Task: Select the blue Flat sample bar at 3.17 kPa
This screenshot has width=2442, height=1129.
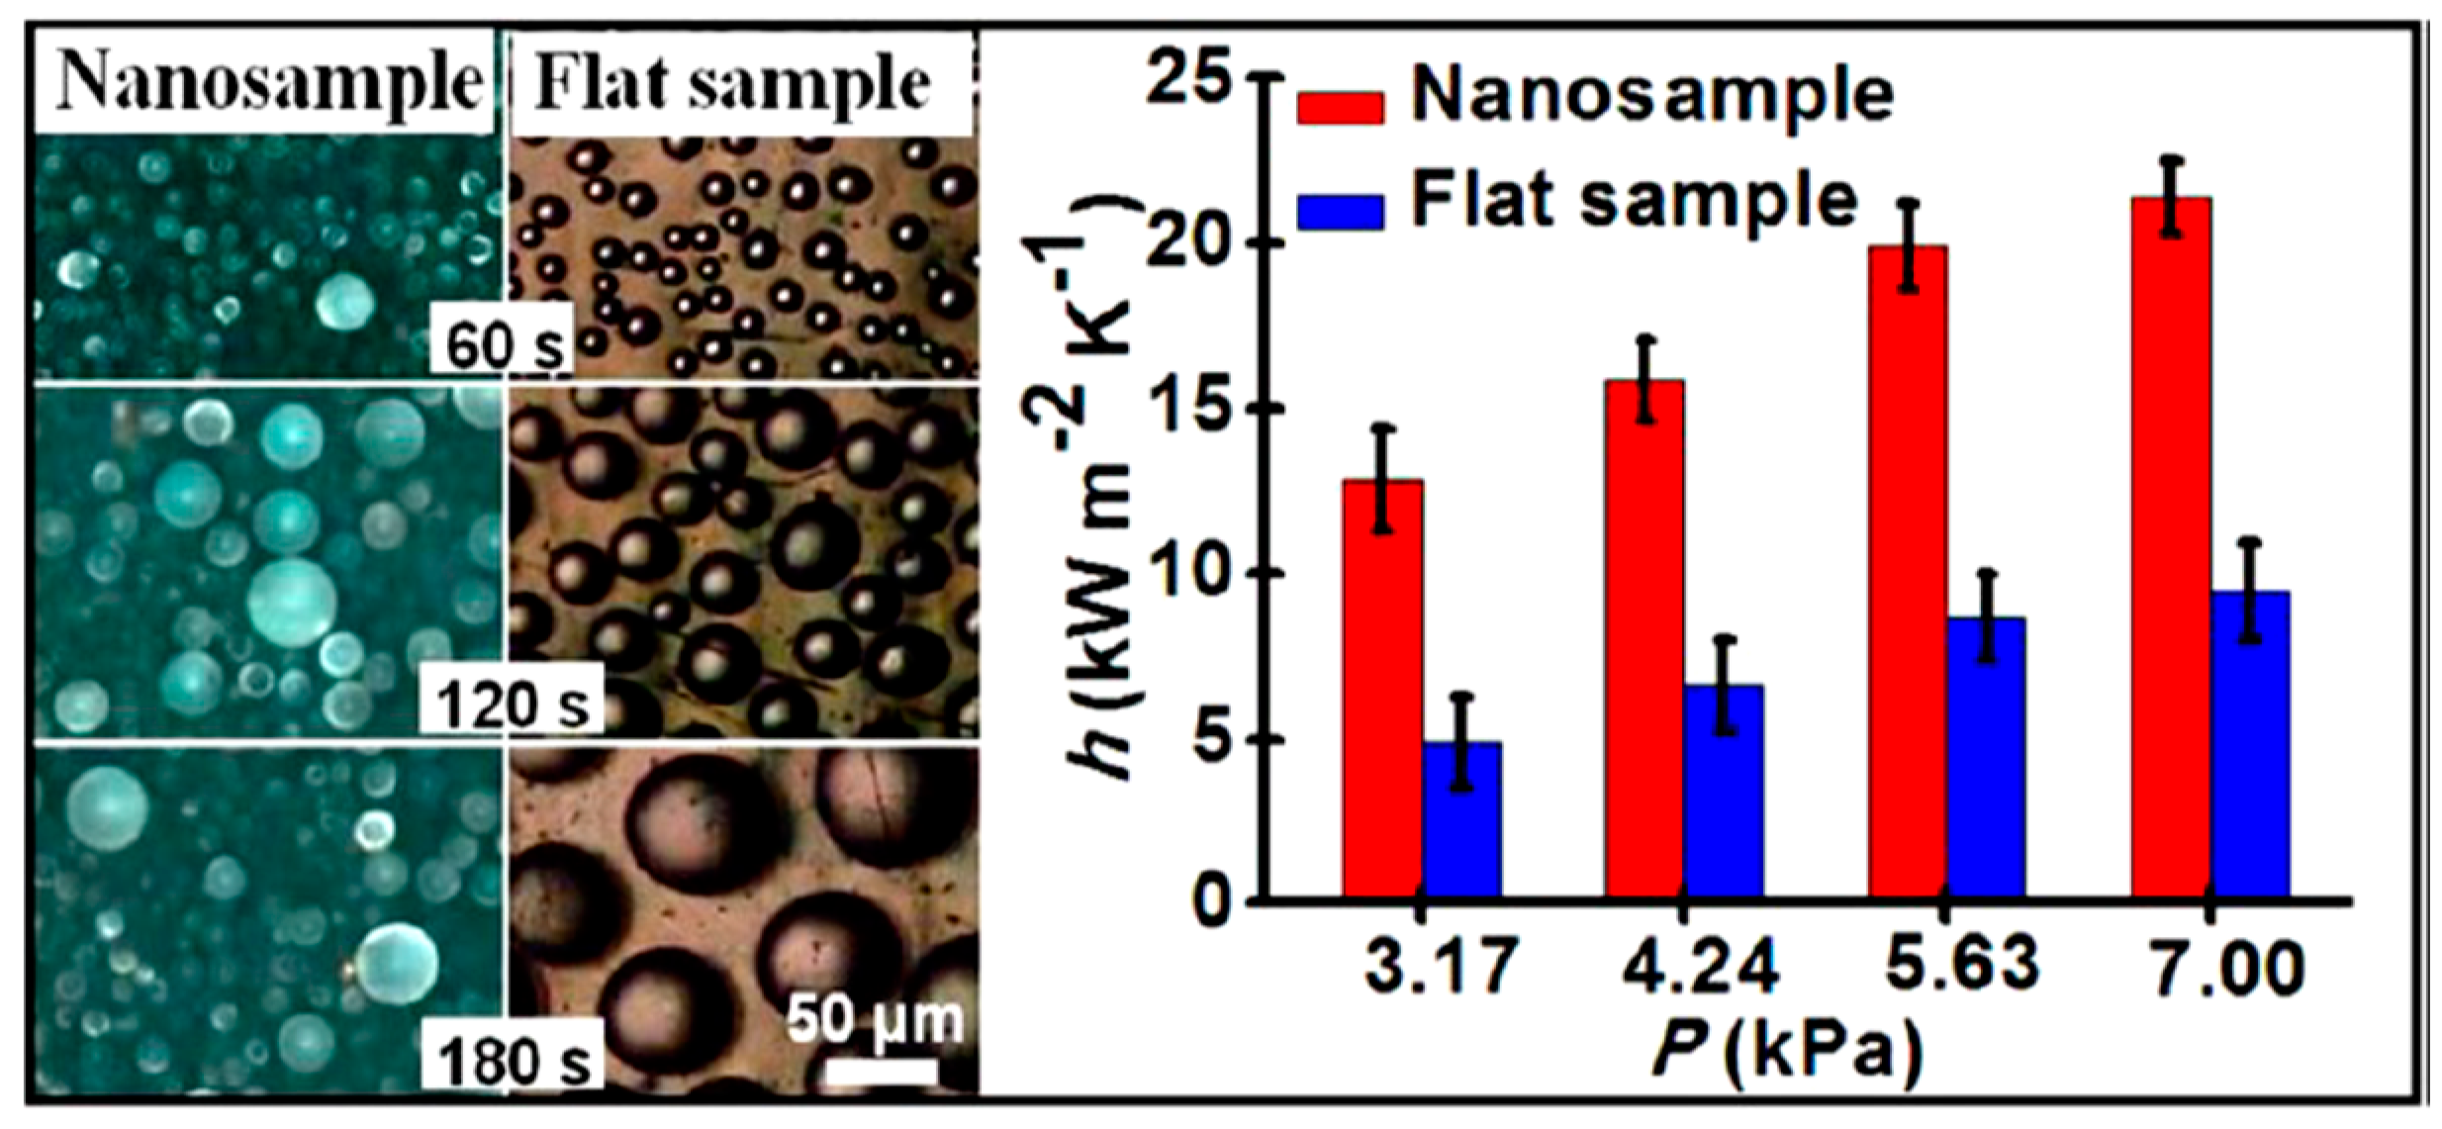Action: (1461, 820)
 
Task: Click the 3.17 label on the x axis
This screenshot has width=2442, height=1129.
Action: (1439, 965)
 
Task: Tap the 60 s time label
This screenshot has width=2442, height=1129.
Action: (503, 343)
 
